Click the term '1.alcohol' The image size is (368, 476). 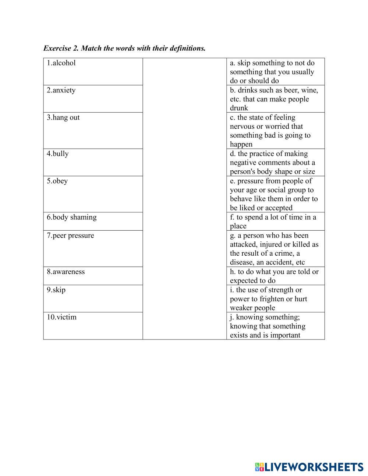pos(61,63)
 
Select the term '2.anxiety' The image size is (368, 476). pos(61,90)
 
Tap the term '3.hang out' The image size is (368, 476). pos(63,117)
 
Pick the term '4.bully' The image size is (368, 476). pos(57,154)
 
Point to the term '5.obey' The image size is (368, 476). pos(57,181)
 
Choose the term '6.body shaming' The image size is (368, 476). pos(72,217)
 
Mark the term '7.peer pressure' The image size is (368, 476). pos(70,235)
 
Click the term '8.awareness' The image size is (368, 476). pos(66,272)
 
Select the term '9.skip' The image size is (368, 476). pos(56,290)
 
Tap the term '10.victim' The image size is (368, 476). pos(61,317)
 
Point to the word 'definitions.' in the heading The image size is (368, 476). pos(188,48)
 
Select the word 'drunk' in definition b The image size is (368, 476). pos(239,108)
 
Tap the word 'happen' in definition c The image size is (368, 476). pos(241,145)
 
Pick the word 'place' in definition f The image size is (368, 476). pos(238,226)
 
